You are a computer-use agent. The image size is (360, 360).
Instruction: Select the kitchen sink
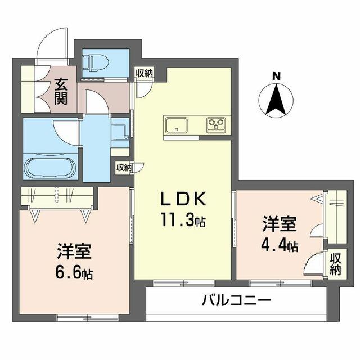(176, 125)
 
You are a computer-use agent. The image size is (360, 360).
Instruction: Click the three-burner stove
(216, 125)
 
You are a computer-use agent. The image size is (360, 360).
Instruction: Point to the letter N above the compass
(276, 76)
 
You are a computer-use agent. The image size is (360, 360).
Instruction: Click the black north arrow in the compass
(276, 100)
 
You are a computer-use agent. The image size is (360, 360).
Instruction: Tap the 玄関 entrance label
(61, 91)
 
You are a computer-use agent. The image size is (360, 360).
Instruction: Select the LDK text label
(183, 199)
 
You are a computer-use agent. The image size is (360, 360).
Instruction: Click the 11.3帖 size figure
(183, 220)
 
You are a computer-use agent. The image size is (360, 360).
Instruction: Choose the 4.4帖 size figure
(280, 246)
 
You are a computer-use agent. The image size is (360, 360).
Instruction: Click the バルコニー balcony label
(236, 300)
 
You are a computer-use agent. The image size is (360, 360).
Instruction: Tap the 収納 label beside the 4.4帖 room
(335, 264)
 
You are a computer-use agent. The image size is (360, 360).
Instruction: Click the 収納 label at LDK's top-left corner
(144, 73)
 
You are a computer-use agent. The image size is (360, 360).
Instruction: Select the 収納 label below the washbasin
(124, 168)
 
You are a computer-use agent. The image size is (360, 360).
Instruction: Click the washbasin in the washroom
(120, 133)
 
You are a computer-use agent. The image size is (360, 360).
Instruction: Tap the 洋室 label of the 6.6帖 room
(74, 251)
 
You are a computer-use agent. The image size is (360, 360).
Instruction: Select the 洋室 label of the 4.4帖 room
(280, 224)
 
